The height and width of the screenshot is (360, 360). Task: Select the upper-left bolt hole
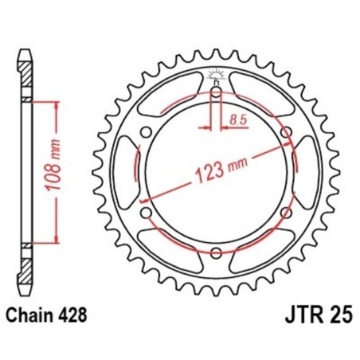(144, 133)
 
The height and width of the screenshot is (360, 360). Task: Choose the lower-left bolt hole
(144, 213)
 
